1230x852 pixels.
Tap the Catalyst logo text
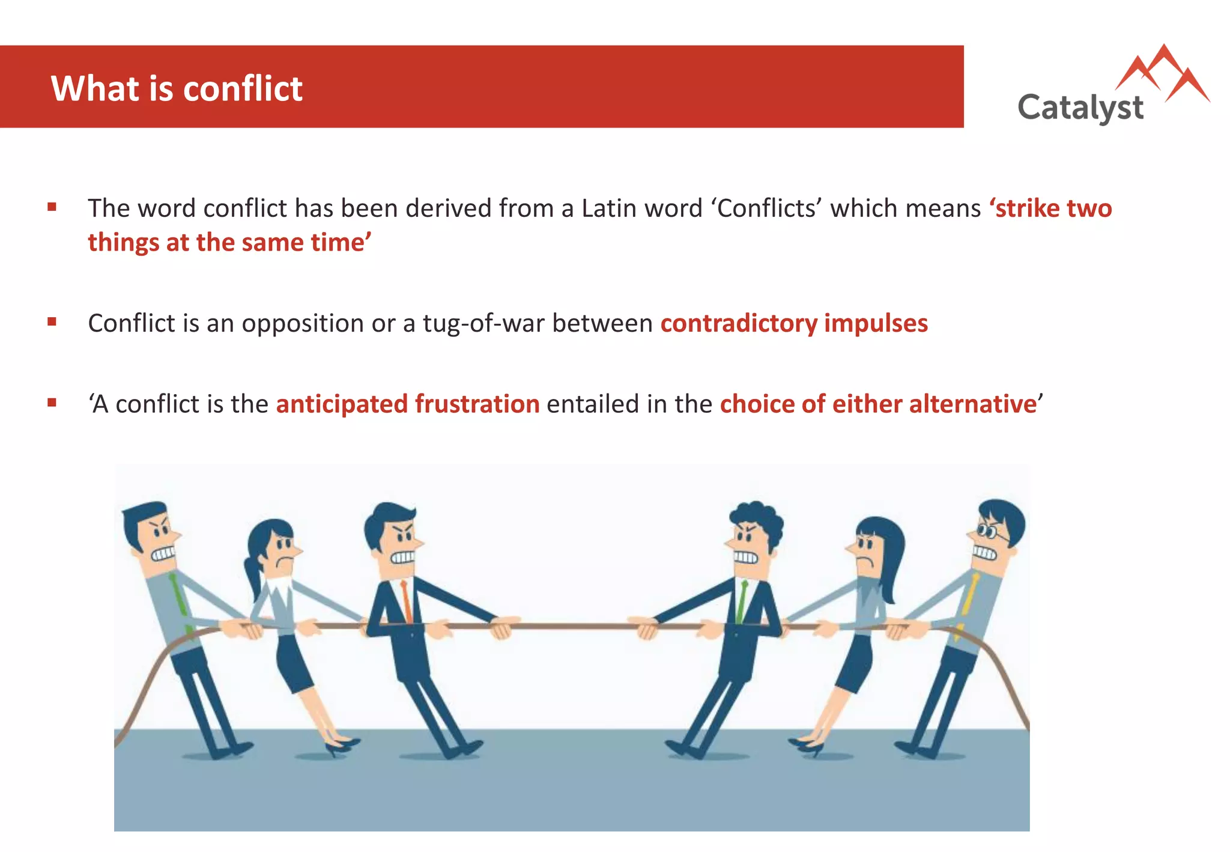1080,108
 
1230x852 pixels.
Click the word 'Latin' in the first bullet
610,208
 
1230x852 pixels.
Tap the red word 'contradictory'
739,323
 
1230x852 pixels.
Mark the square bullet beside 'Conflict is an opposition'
52,322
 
